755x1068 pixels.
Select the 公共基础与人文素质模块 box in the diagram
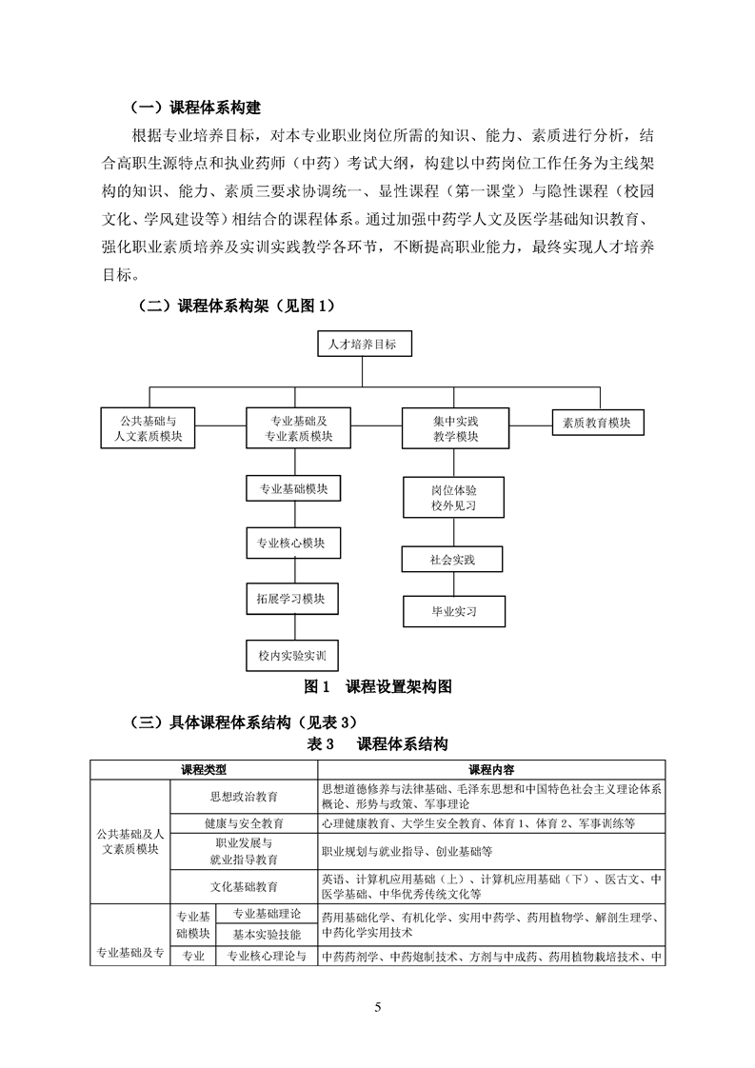148,427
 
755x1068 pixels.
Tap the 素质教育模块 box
597,423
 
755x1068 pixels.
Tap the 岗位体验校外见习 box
453,497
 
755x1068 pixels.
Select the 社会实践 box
452,559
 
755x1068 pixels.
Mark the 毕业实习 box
453,610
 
